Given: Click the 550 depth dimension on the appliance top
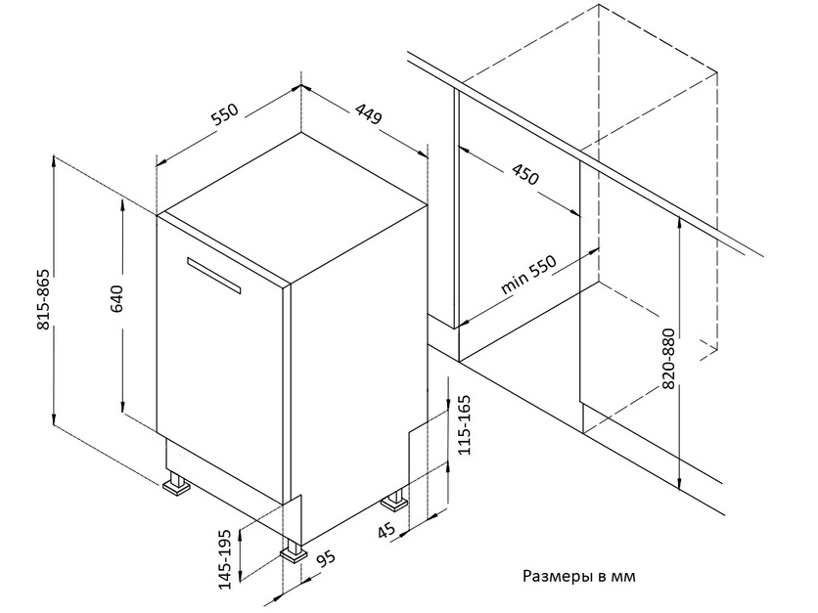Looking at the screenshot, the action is click(225, 114).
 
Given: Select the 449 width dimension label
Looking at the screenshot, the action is click(368, 113).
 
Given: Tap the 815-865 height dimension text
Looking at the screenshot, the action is click(44, 299).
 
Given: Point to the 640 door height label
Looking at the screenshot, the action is click(115, 299).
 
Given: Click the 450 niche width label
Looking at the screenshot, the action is click(524, 175).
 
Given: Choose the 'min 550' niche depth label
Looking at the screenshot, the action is click(529, 275).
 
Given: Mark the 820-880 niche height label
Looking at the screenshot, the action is click(668, 359).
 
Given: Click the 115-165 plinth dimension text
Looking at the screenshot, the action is click(464, 425).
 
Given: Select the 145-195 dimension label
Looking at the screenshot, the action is click(225, 559).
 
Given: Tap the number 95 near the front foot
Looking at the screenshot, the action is click(326, 559).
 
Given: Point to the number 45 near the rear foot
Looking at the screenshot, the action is click(386, 531).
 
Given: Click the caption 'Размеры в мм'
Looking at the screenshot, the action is click(579, 577).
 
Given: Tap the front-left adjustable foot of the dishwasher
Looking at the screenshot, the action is click(176, 484).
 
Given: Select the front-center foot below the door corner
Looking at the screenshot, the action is click(294, 551).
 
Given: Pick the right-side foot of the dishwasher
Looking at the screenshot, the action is click(394, 501).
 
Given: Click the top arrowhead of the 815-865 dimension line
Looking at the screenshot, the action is click(54, 160).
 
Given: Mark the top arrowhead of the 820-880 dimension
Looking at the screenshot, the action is click(679, 221).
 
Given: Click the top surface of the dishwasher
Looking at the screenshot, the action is click(294, 208).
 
